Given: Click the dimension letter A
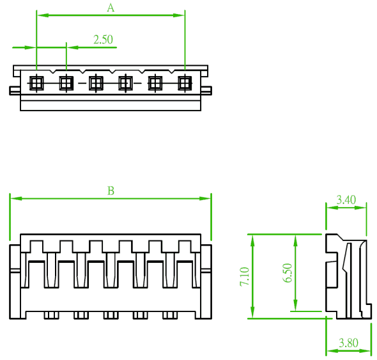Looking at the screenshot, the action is [x=111, y=8].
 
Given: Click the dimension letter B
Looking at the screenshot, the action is [x=111, y=191].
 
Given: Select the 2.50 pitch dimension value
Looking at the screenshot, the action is [x=103, y=40].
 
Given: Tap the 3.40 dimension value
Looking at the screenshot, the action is [x=346, y=200].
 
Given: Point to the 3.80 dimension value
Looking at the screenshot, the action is [x=348, y=343].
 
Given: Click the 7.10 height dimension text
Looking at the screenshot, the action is [x=245, y=276].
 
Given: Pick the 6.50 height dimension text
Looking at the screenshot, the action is [x=288, y=272].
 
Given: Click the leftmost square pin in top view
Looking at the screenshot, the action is [x=36, y=83].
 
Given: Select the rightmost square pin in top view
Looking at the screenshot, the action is [x=185, y=83].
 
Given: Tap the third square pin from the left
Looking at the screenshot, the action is [x=96, y=83].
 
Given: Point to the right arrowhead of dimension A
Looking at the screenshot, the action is [x=178, y=15].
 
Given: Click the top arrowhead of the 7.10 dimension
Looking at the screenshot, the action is [x=252, y=240].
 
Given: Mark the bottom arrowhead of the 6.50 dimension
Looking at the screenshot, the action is [x=295, y=305].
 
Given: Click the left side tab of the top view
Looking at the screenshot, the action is [x=15, y=91].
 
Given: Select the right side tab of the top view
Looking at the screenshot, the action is [x=206, y=91].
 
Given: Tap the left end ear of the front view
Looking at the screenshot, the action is [x=15, y=282].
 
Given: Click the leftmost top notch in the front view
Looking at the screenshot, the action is [x=36, y=246].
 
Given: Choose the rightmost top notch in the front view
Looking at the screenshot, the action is [x=185, y=246].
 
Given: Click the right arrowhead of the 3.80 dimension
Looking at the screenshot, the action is [x=365, y=351].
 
